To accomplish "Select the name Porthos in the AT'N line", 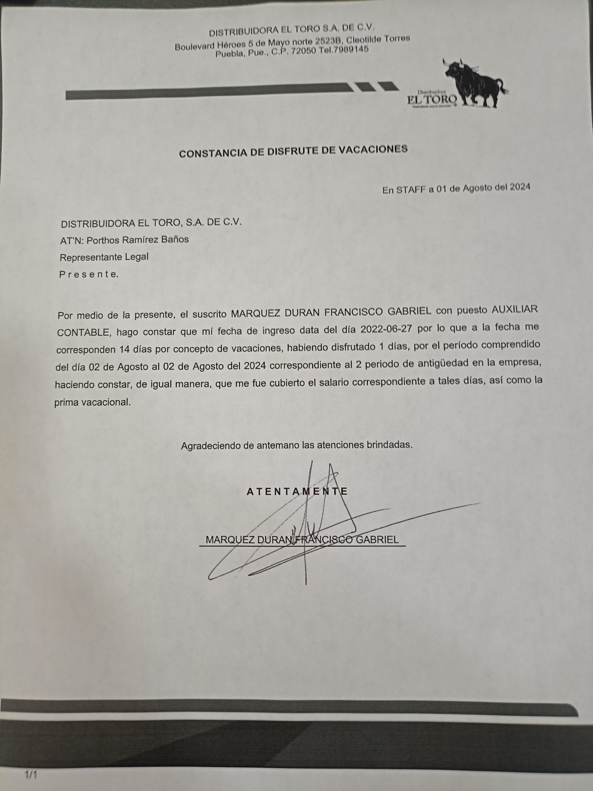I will tap(102, 240).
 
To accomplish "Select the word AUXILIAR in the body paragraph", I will tap(515, 310).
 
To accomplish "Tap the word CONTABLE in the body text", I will tap(83, 333).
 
